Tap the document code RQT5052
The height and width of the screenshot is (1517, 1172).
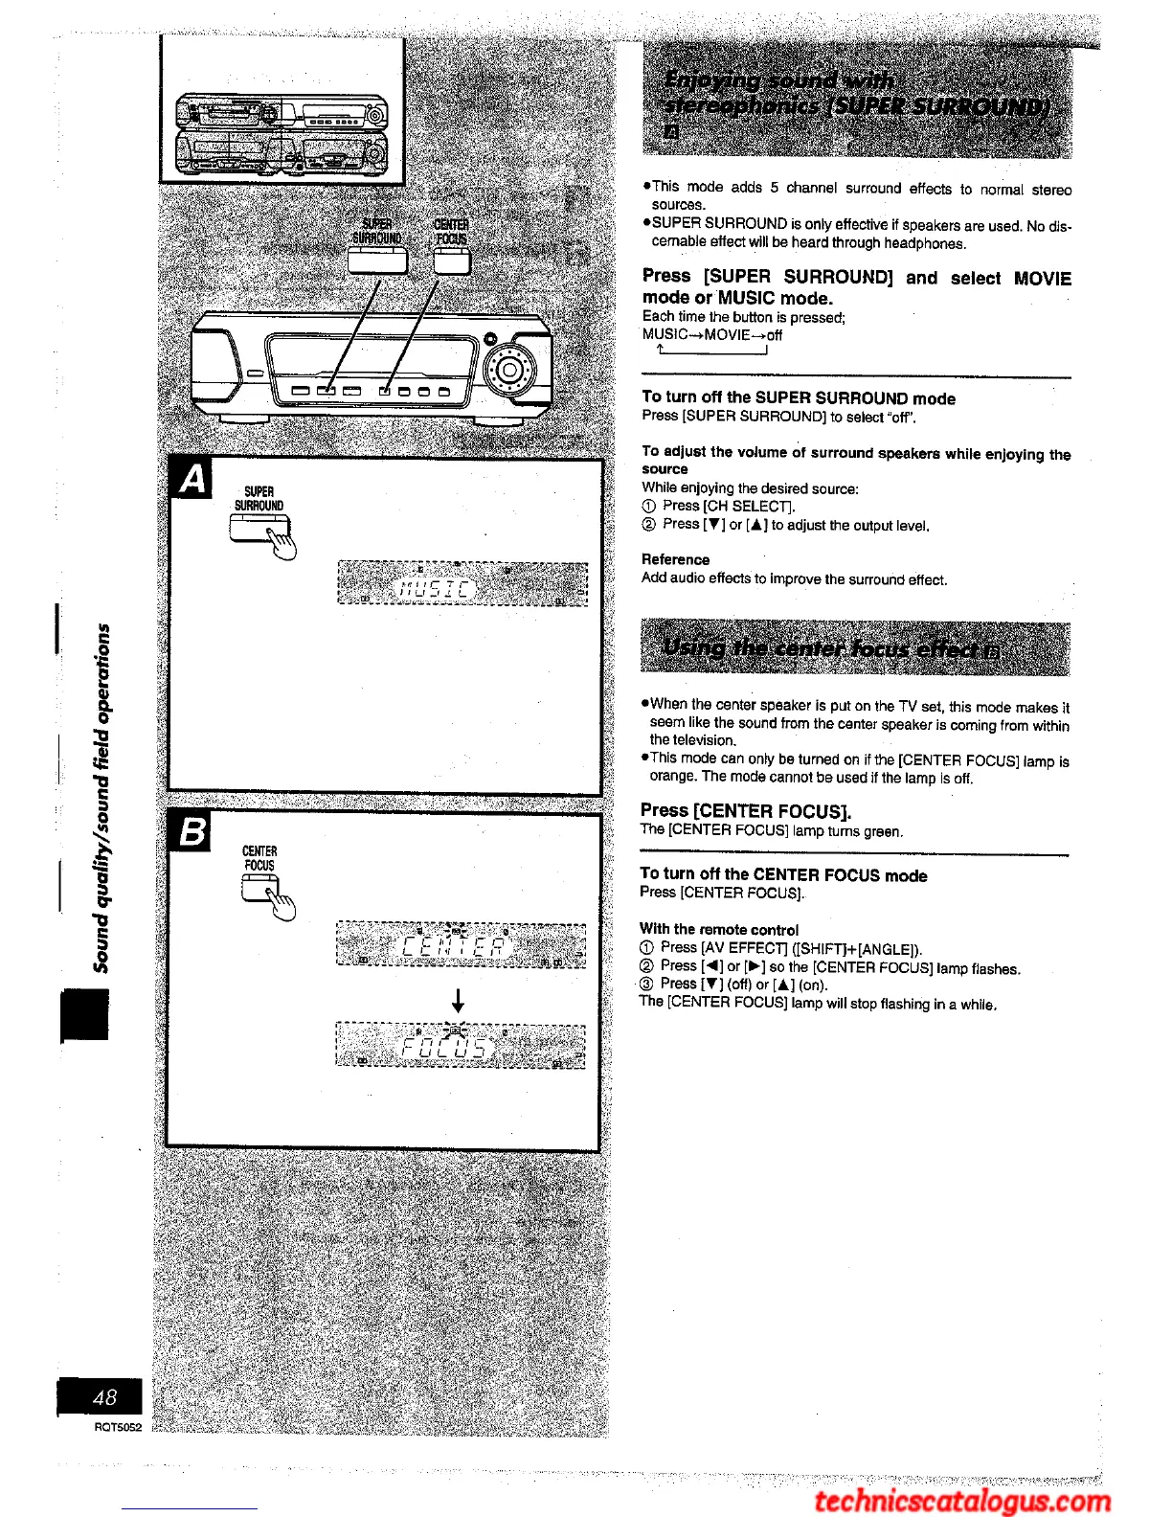tap(118, 1427)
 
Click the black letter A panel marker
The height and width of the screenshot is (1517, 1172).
tap(192, 478)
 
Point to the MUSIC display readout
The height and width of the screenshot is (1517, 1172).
tap(436, 583)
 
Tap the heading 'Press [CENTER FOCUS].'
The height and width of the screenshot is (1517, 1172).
tap(746, 810)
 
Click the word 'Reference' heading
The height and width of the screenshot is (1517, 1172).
tap(675, 559)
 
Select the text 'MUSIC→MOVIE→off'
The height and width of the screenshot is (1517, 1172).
tap(712, 335)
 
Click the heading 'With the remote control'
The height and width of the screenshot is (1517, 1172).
tap(718, 929)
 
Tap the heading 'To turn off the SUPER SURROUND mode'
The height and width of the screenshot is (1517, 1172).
tap(799, 397)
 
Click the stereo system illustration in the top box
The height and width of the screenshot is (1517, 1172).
tap(282, 135)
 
